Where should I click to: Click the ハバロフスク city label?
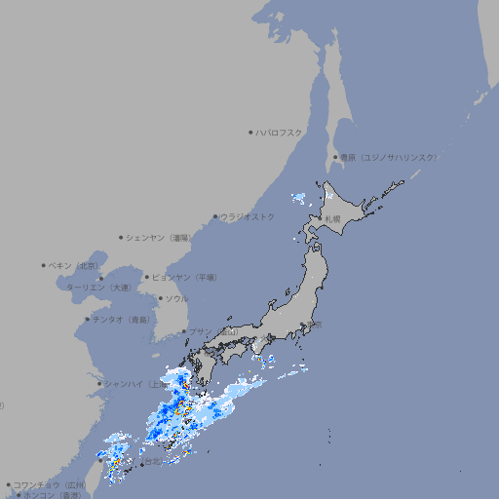pos(280,132)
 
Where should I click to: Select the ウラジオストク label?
pos(248,216)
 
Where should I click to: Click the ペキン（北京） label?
pos(75,265)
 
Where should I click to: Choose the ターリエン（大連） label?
pos(98,288)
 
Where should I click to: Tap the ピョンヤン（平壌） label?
pos(185,277)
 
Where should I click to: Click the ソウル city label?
pos(176,298)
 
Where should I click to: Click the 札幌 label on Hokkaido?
pos(333,218)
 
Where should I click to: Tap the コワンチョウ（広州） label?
pos(50,484)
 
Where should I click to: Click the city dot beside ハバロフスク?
pos(250,132)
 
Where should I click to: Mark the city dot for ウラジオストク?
pos(215,216)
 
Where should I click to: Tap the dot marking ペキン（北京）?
pos(44,265)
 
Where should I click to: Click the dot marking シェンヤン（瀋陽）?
pos(121,237)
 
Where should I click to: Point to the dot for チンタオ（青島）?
pos(87,319)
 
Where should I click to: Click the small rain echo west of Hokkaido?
pos(298,199)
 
